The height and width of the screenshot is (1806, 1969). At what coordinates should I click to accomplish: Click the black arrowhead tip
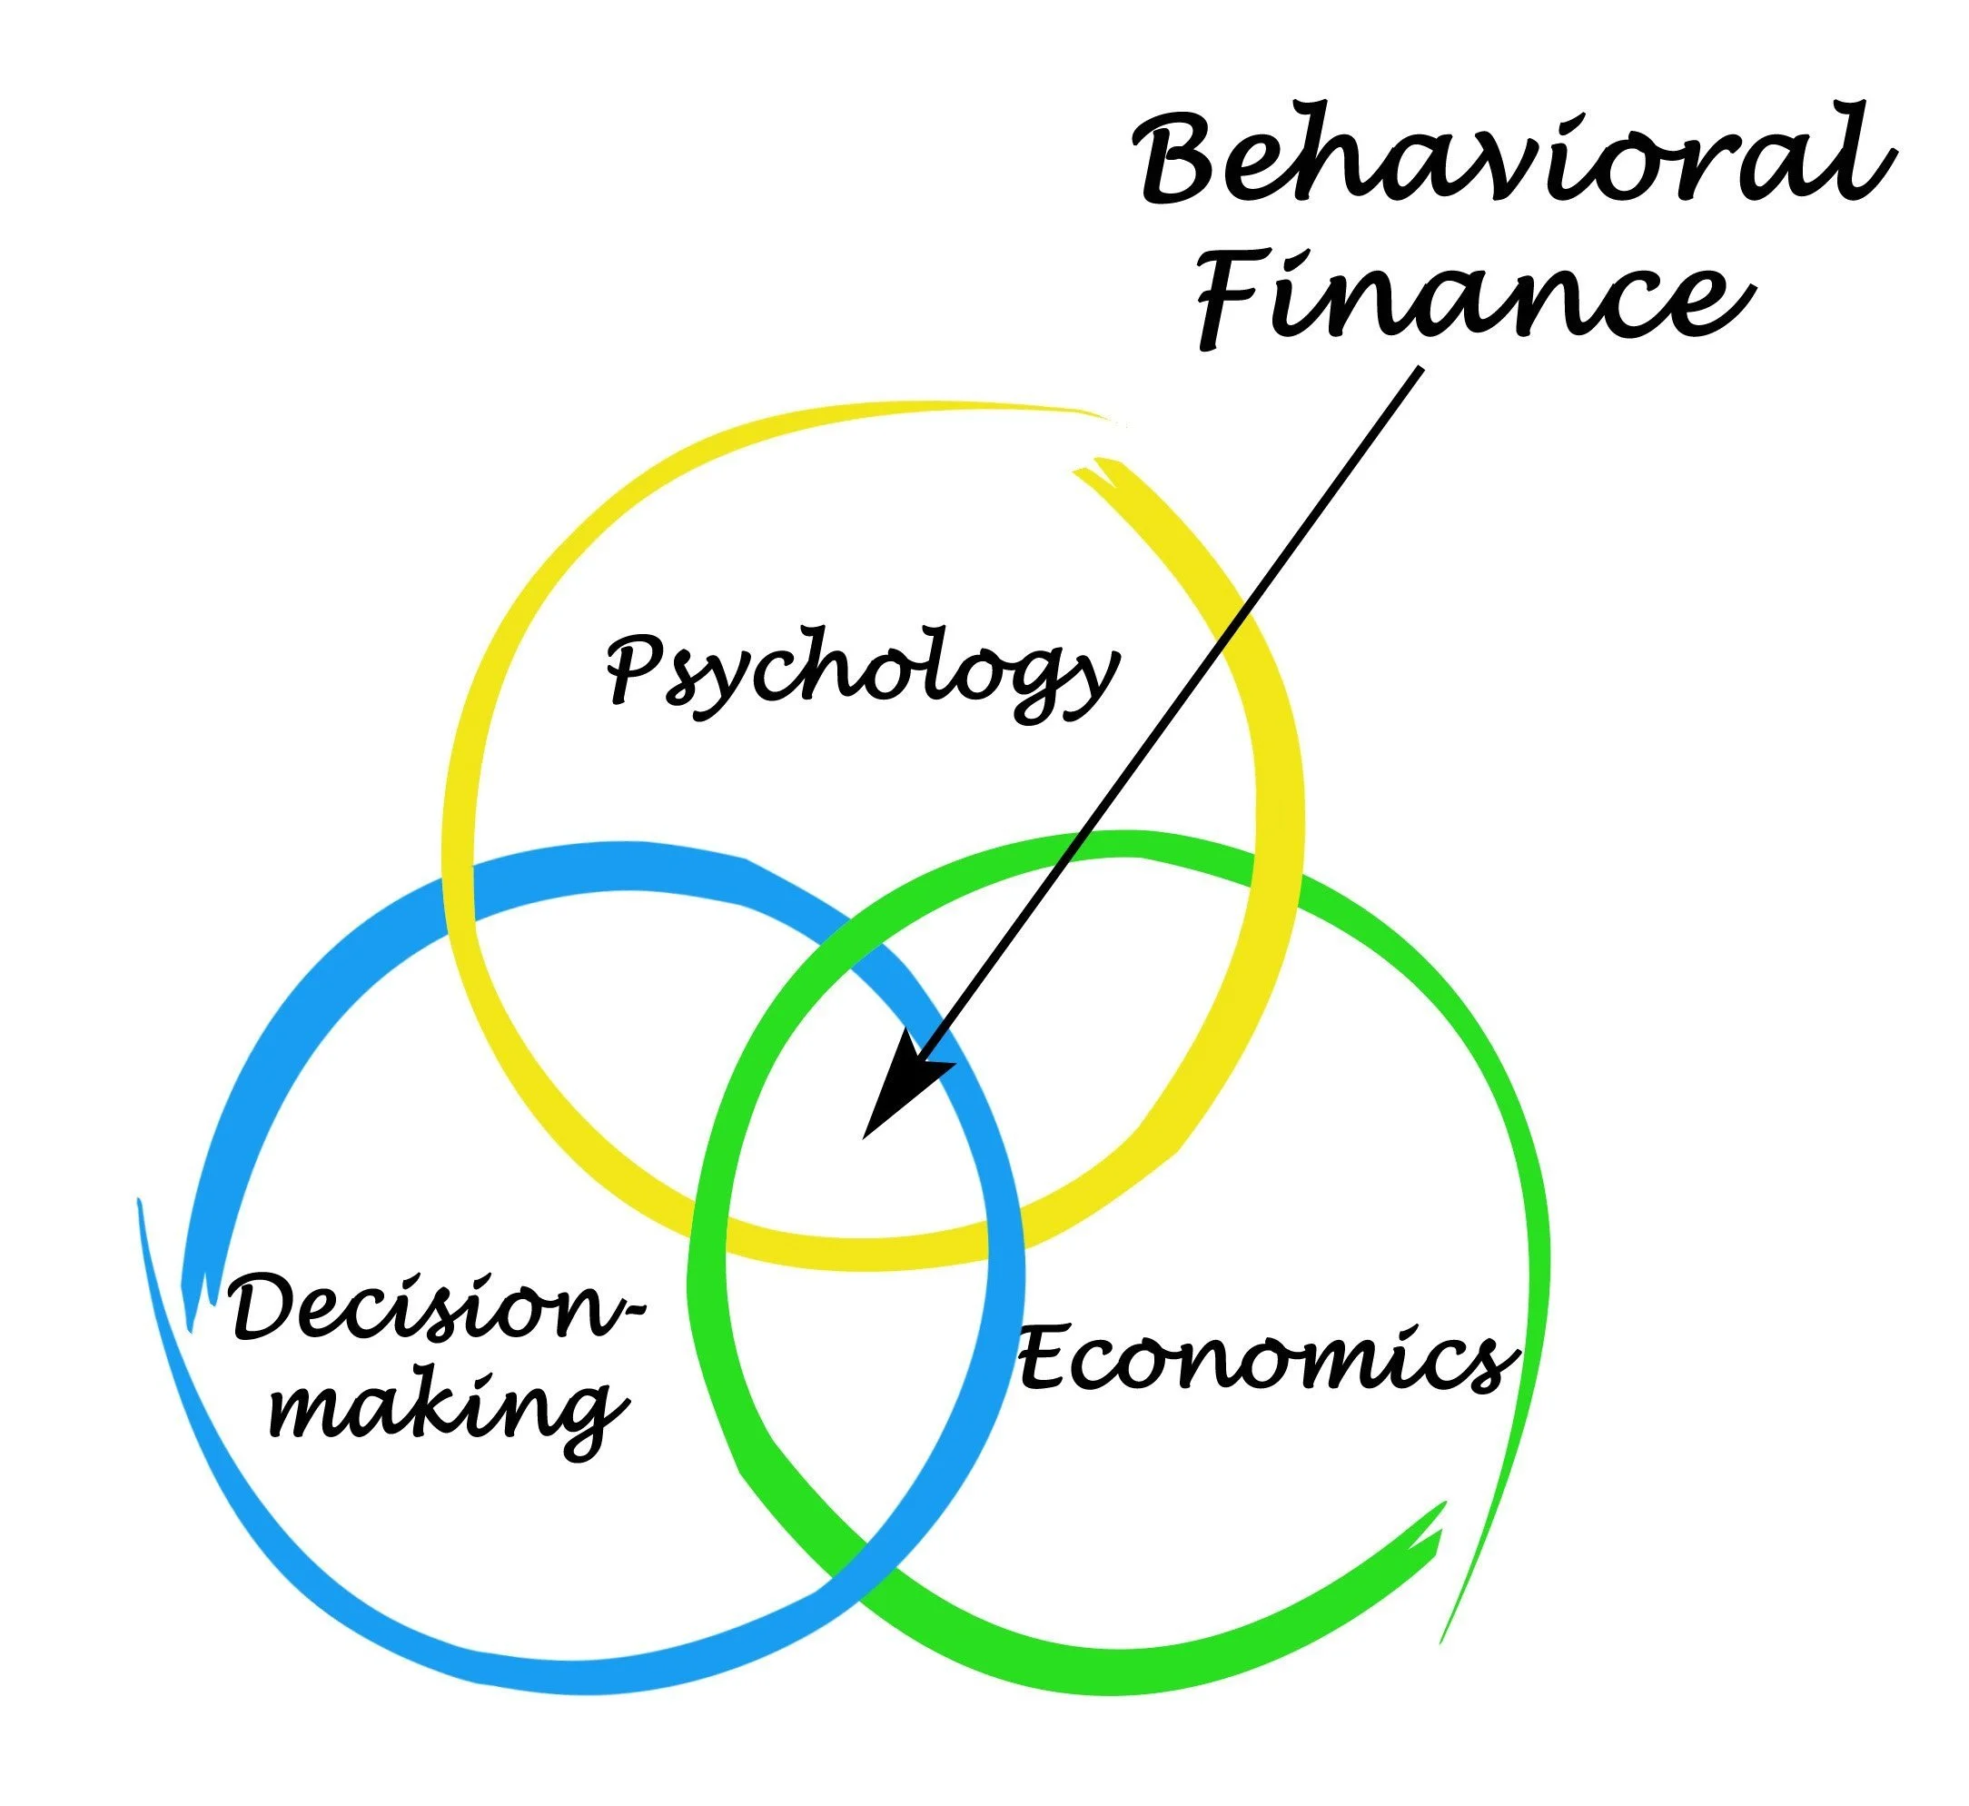point(866,1136)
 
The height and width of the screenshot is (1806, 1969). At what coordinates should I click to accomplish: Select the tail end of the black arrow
point(1419,371)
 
